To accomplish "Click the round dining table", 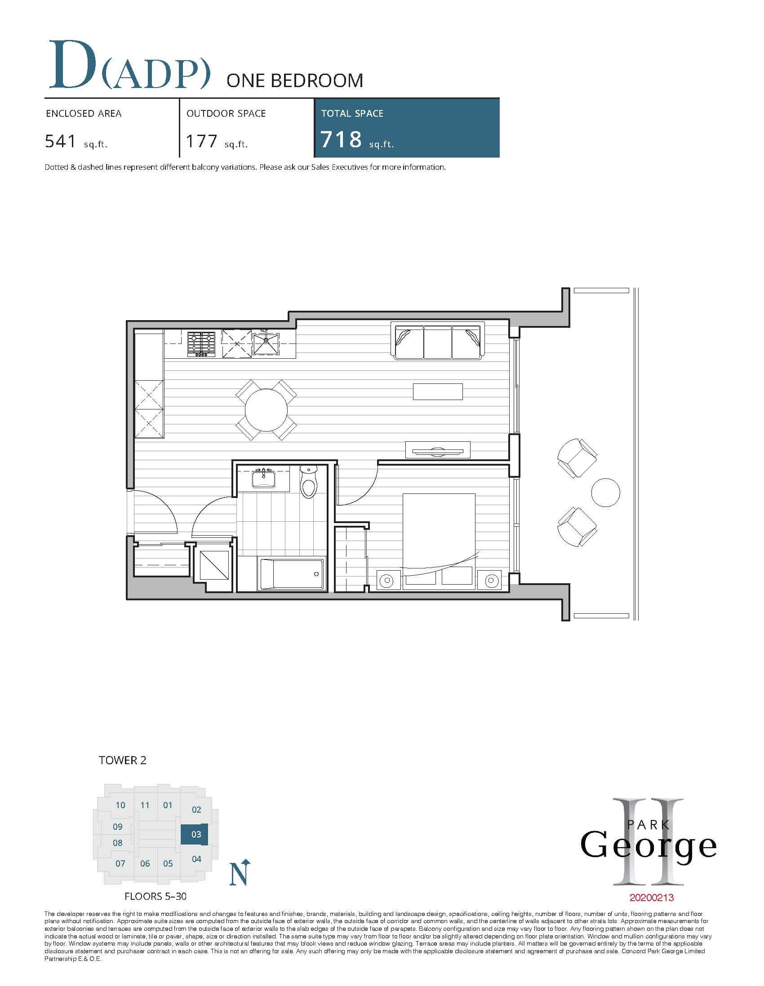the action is pos(266,410).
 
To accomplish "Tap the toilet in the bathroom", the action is pos(309,482).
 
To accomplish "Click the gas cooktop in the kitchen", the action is pos(201,344).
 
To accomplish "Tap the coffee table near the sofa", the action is pos(438,392).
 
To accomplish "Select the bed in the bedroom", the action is pos(439,541).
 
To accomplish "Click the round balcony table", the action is pos(605,493).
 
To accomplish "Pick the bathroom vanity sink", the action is pos(264,478).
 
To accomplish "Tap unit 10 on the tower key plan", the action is pos(120,805).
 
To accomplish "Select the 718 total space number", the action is pos(341,140).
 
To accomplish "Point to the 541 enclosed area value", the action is pos(61,142).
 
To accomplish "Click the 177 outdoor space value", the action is pos(201,142).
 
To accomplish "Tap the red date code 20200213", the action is pos(651,898).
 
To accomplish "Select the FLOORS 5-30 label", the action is pos(155,896).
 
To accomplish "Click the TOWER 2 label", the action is pos(122,760).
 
